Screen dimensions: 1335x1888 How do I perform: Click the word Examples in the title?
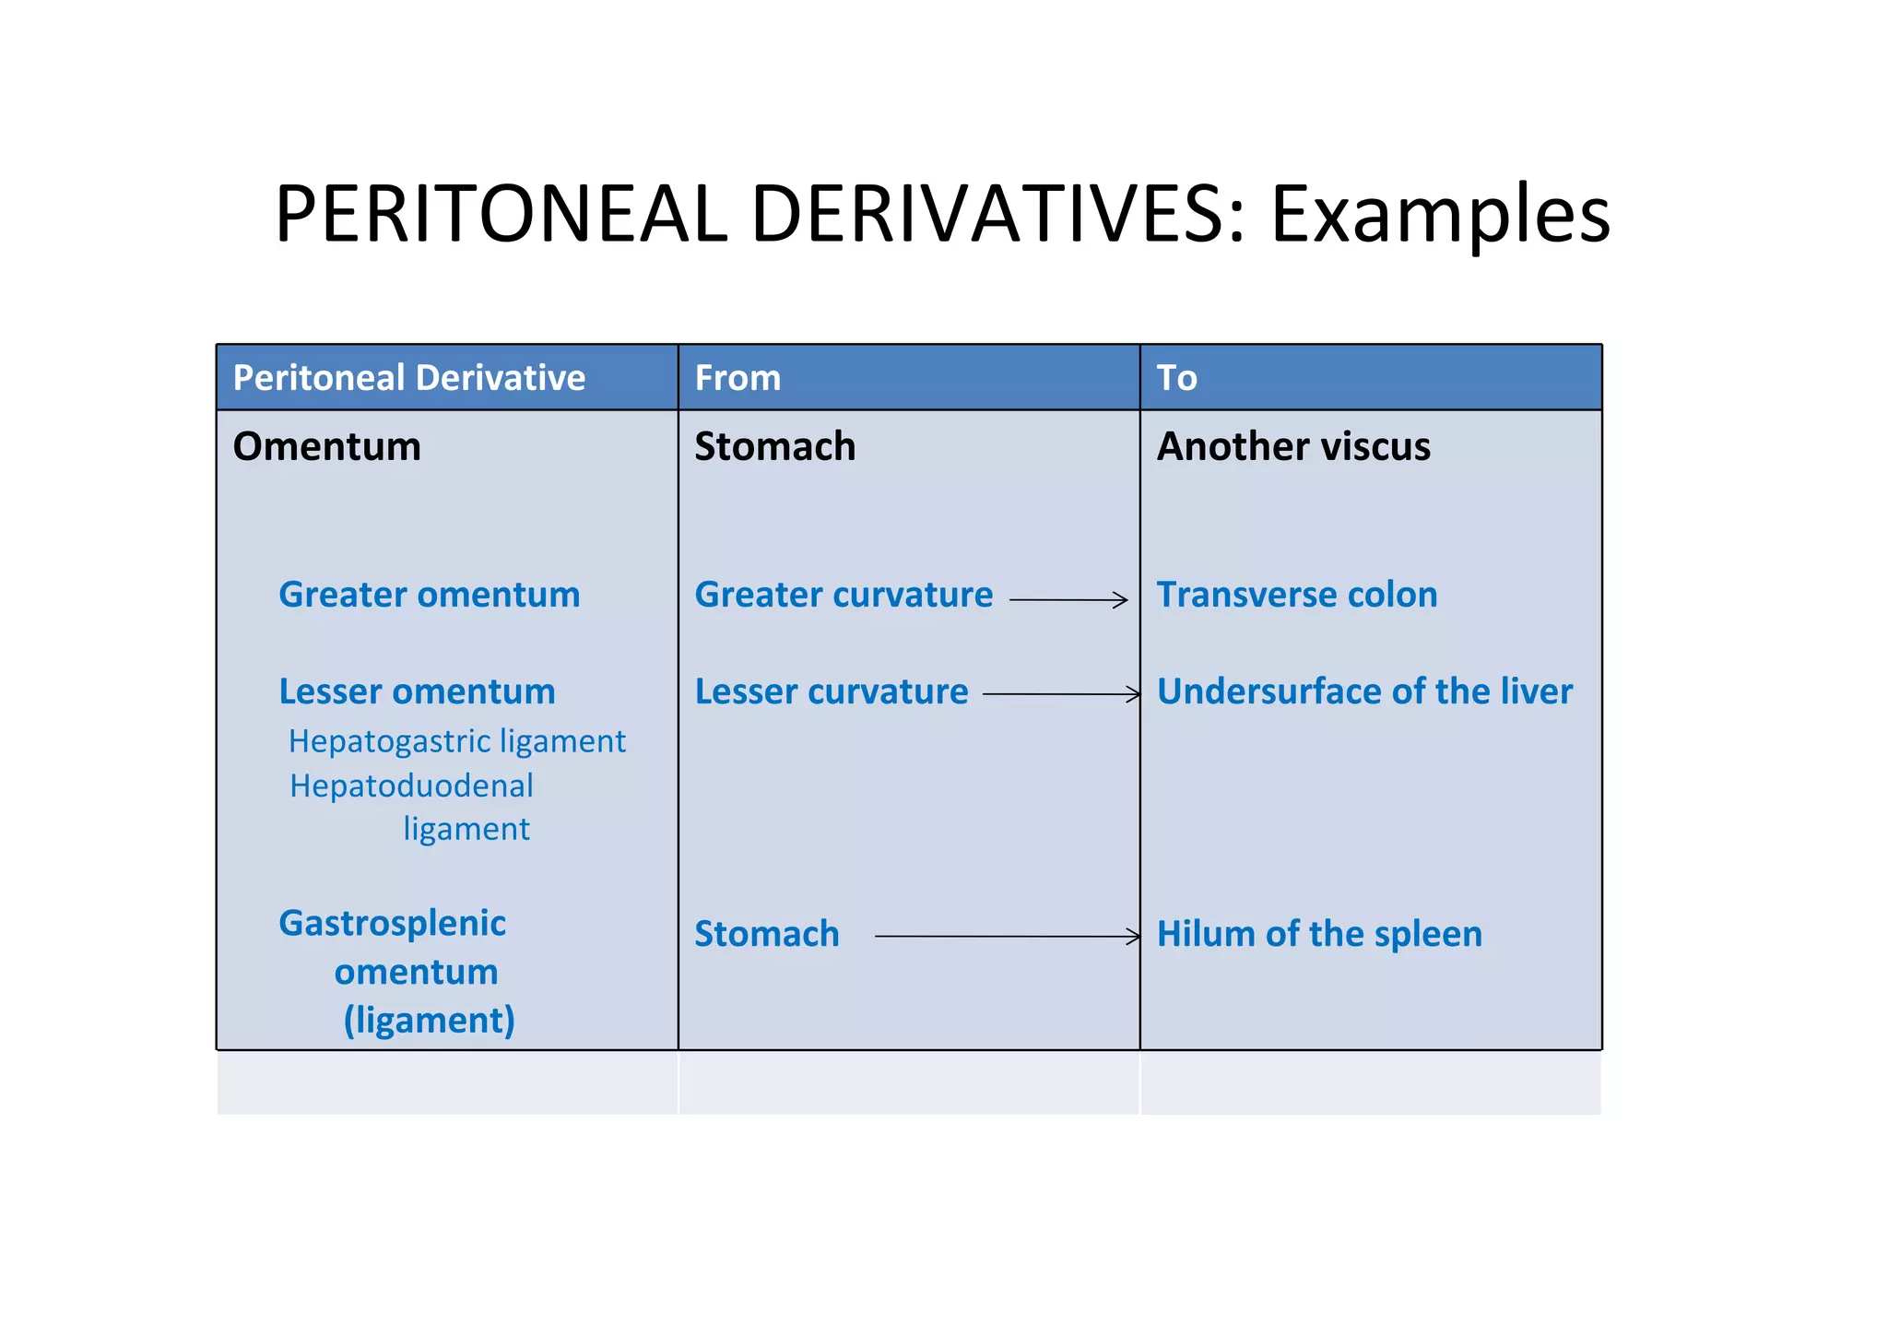[x=1439, y=214]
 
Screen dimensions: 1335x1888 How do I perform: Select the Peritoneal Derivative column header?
[x=409, y=378]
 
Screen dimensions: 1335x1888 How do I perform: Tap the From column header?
[x=737, y=378]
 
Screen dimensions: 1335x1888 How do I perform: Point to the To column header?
[x=1176, y=378]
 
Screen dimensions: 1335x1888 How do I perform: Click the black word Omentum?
[x=327, y=447]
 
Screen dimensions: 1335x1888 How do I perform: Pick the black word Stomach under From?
[x=774, y=447]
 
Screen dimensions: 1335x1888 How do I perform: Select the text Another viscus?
[x=1293, y=447]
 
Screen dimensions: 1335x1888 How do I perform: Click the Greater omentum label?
[x=430, y=595]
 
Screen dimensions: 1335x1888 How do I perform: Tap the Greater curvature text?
[x=844, y=595]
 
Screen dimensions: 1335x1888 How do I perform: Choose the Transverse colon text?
[x=1297, y=595]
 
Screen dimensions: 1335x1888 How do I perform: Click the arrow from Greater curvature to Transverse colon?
[x=1068, y=600]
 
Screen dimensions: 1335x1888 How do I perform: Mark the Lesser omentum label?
[x=417, y=691]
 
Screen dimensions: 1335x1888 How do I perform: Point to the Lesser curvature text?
[x=832, y=691]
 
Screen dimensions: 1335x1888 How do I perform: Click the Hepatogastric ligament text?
[x=457, y=741]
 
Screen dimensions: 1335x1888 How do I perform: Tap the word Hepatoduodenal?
[x=411, y=786]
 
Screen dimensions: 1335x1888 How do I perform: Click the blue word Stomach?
[x=767, y=934]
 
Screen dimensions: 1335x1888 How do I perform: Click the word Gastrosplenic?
[x=393, y=923]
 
